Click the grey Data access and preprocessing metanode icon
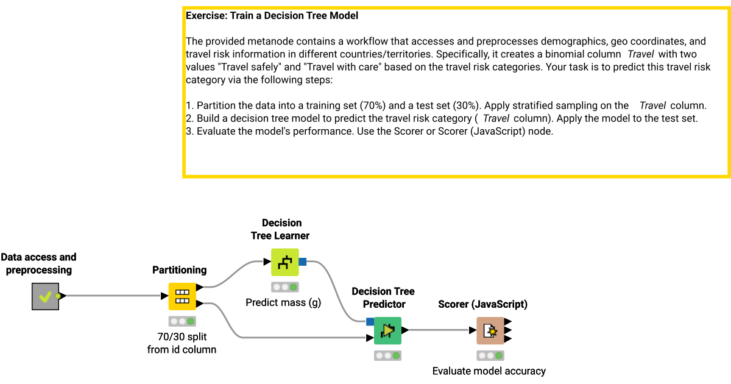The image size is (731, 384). (x=46, y=296)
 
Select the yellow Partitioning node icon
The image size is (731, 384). (x=182, y=296)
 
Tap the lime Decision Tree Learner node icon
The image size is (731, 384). (x=284, y=262)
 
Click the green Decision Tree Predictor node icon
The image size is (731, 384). (x=387, y=330)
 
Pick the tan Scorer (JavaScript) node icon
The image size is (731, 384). (x=490, y=330)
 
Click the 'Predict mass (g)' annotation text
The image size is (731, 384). (x=283, y=302)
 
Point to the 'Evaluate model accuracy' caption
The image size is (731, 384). (x=489, y=371)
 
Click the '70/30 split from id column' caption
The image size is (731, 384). (x=182, y=343)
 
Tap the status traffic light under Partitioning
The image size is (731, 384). (x=182, y=321)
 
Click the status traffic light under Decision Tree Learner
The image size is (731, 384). (x=284, y=287)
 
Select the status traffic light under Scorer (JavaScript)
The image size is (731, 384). (x=490, y=355)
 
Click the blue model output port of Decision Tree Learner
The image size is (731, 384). (x=303, y=262)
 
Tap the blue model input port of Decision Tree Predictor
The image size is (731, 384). (x=370, y=322)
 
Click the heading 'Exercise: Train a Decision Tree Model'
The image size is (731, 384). (x=272, y=15)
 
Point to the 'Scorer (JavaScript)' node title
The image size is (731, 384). (x=482, y=304)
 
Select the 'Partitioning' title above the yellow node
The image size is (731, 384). (x=179, y=269)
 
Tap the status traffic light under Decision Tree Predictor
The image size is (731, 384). (x=387, y=355)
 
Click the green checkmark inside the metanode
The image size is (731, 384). (x=44, y=297)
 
